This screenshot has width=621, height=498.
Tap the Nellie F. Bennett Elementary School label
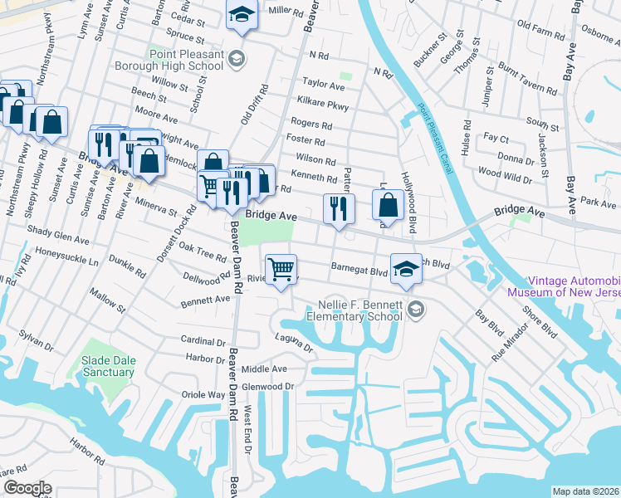pyautogui.click(x=355, y=310)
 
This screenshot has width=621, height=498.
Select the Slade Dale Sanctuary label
pyautogui.click(x=107, y=366)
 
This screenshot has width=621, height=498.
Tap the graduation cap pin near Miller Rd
pyautogui.click(x=242, y=16)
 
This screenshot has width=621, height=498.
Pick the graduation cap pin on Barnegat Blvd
pyautogui.click(x=405, y=269)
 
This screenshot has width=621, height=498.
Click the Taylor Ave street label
pyautogui.click(x=324, y=85)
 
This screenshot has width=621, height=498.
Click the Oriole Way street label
pyautogui.click(x=203, y=395)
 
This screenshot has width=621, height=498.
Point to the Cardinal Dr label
pyautogui.click(x=203, y=341)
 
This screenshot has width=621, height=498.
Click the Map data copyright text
pyautogui.click(x=586, y=491)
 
